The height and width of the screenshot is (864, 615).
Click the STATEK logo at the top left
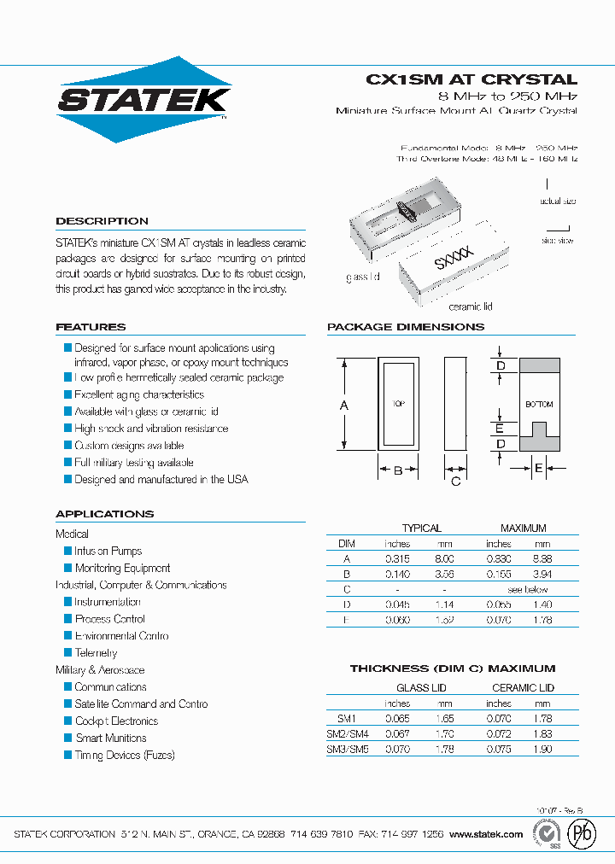point(143,99)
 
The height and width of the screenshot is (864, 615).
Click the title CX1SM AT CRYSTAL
point(471,79)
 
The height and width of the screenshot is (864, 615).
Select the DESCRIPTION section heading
point(102,221)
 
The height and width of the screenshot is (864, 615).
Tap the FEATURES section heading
point(91,327)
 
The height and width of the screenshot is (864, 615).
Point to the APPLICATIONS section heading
point(104,514)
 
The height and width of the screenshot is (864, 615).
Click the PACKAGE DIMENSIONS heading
point(405,327)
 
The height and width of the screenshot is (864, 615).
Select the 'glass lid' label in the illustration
point(363,277)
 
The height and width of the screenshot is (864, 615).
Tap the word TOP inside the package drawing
point(397,404)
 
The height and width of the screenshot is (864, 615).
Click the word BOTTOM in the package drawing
point(539,404)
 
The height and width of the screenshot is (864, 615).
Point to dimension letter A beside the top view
point(344,406)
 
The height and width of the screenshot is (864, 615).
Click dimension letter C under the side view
point(455,482)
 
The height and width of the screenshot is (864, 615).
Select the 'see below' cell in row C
point(528,589)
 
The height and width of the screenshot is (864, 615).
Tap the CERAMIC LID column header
point(523,687)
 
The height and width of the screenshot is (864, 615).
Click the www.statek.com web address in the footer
point(485,834)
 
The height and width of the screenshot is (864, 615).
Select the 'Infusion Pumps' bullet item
point(108,552)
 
